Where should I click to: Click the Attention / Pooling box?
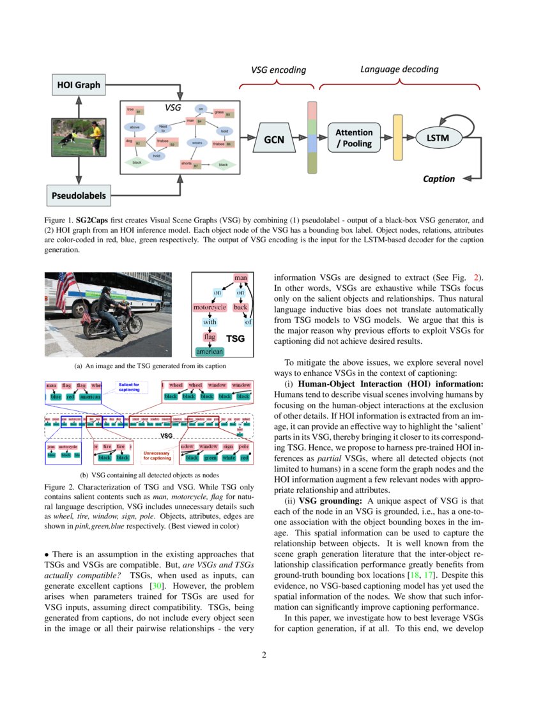354,138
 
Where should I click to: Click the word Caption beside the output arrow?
439,179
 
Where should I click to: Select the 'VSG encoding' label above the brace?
277,70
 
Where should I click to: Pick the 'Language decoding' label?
399,68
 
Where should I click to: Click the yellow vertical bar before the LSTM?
397,139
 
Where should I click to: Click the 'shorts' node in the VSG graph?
187,164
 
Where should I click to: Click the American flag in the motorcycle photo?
65,290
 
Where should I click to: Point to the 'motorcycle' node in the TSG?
210,307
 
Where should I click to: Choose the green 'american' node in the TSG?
209,351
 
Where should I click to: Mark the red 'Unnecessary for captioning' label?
158,456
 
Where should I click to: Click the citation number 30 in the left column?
155,586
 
